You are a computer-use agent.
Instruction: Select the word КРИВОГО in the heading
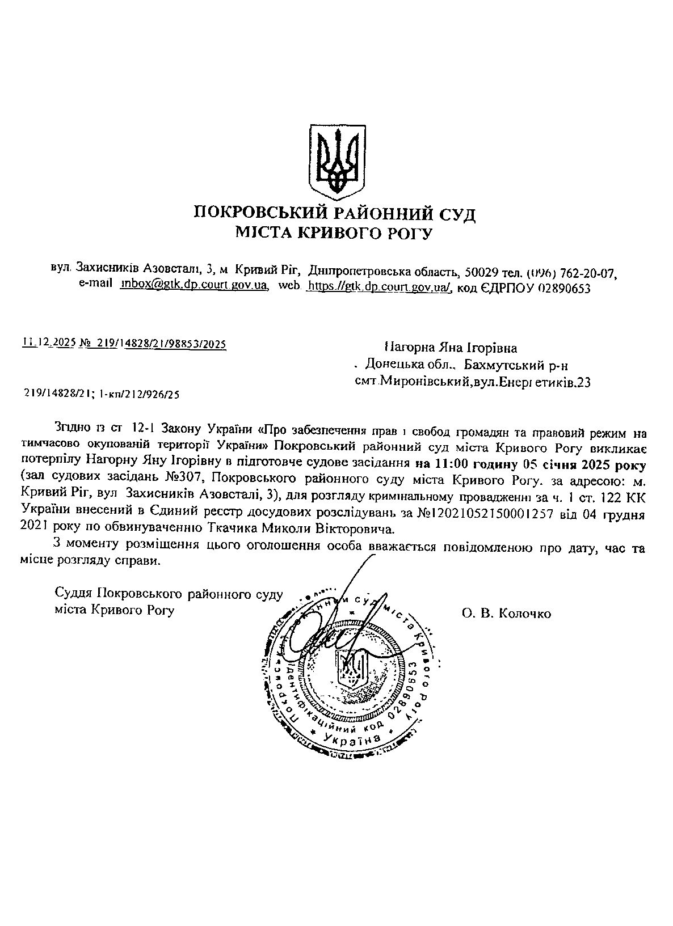(335, 232)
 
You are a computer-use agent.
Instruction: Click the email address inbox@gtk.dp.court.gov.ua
(195, 286)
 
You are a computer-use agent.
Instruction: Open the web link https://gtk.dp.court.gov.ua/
(378, 287)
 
